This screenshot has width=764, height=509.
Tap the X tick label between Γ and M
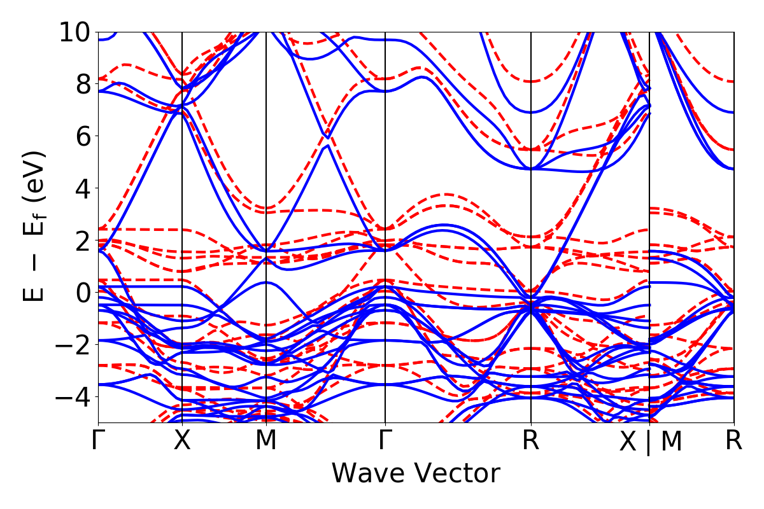183,441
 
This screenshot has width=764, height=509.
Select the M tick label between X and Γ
265,441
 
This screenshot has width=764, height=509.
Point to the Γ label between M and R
385,441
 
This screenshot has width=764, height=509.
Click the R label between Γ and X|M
531,441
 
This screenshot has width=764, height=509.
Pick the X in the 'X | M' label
628,442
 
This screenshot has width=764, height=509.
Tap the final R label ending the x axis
734,441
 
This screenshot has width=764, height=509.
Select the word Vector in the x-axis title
458,474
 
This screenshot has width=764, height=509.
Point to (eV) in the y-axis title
37,173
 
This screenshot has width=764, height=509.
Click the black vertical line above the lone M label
265,191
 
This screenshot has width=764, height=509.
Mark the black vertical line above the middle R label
531,191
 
